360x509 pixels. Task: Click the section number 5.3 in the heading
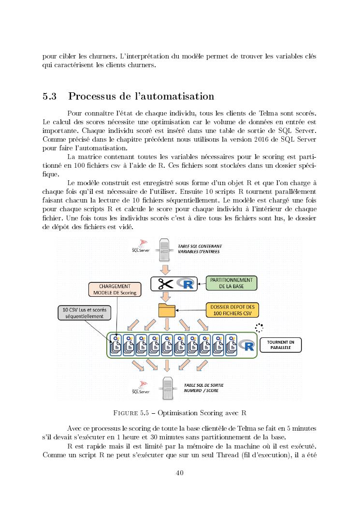pos(50,96)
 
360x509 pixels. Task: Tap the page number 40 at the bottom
pos(180,473)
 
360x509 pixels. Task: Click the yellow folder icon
pos(167,310)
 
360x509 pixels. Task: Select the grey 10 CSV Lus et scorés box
pos(83,312)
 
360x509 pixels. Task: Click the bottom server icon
pos(168,387)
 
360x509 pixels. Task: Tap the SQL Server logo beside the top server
pos(141,247)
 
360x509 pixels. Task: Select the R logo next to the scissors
pos(185,284)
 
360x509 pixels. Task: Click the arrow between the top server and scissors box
pos(166,269)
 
